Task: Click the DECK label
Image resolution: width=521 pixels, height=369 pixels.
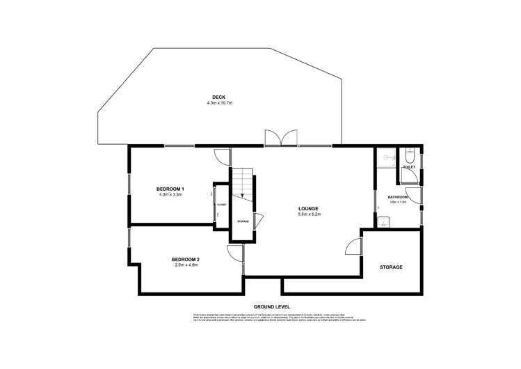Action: tap(218, 97)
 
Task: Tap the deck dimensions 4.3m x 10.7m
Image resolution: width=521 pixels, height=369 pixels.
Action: tap(218, 103)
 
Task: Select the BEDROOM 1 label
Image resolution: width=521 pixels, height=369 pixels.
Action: tap(170, 189)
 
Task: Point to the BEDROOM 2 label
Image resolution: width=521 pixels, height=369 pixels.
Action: tap(185, 259)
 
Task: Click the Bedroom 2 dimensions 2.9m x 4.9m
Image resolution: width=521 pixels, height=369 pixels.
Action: tap(185, 265)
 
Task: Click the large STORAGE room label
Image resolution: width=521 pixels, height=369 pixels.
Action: tap(390, 267)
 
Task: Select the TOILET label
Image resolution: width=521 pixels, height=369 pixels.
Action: tap(409, 167)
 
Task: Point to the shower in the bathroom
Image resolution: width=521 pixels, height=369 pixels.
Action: tap(385, 157)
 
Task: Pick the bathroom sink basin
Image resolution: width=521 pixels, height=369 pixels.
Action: tap(384, 222)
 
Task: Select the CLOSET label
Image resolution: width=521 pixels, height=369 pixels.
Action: tap(222, 205)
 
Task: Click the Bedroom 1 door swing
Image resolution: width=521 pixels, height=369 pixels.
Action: tap(221, 156)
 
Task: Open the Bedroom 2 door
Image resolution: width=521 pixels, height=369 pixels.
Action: tap(234, 252)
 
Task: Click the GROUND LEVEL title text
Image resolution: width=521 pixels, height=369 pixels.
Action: tap(272, 306)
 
